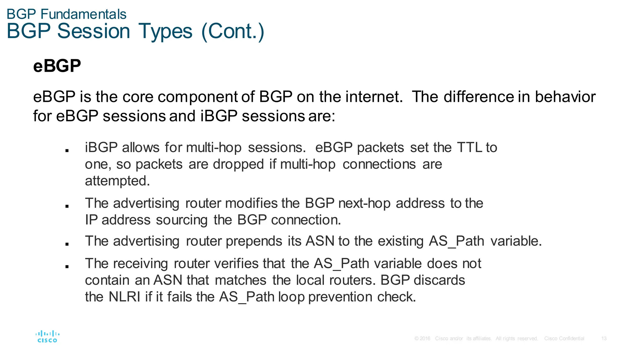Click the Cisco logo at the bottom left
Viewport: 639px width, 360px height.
pos(47,337)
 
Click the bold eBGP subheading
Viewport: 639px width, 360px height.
pos(57,66)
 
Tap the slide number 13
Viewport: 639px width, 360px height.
pos(604,338)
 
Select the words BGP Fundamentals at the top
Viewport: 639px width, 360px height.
pos(66,14)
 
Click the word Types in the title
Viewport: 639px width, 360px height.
pos(165,31)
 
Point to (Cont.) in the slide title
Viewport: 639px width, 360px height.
pos(233,31)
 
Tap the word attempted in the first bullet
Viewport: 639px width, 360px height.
pos(117,181)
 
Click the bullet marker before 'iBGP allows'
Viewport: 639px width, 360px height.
pos(67,150)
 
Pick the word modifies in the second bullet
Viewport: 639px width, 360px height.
pos(251,203)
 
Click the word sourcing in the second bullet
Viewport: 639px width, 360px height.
pos(182,220)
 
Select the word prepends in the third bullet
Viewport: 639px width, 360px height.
pos(254,241)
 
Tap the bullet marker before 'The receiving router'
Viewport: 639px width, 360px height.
pos(67,266)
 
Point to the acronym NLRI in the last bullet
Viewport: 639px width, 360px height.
pos(124,297)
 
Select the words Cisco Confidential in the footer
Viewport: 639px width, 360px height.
pos(564,338)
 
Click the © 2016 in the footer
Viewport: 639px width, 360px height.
pos(422,338)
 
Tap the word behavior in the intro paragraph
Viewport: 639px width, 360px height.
pos(565,97)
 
